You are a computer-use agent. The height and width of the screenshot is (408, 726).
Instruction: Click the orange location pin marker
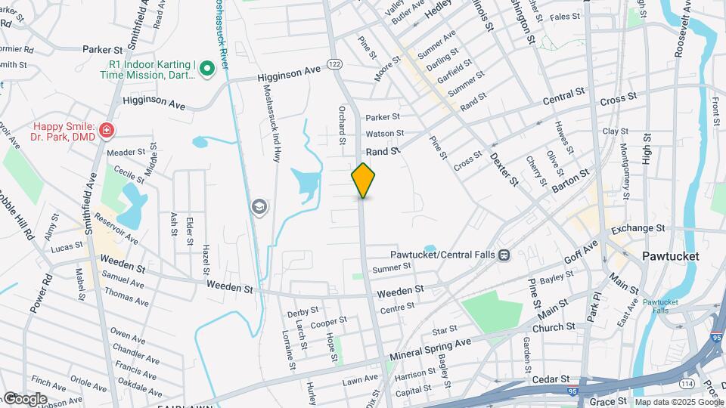363,181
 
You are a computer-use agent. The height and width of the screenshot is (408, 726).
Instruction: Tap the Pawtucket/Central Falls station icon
504,255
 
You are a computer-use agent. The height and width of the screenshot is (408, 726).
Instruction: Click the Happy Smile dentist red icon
107,131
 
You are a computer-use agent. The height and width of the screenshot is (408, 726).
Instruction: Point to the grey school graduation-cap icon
260,206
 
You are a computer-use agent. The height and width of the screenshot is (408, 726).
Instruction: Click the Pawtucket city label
670,256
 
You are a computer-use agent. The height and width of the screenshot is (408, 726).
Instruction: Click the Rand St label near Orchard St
383,152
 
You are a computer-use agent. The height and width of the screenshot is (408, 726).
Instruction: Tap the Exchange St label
638,227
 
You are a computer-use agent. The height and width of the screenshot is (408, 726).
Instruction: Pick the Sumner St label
391,267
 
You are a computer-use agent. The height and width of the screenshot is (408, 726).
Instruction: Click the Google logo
25,399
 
